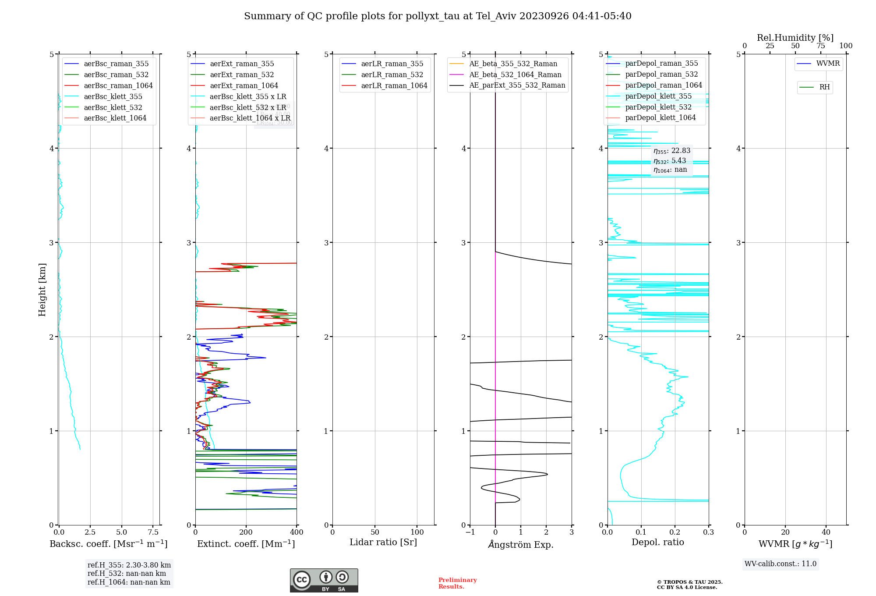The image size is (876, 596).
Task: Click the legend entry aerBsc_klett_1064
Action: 115,118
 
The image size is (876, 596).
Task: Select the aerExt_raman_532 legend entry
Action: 242,75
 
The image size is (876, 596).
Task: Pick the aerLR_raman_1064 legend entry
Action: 394,86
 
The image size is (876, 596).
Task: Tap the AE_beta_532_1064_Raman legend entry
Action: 515,75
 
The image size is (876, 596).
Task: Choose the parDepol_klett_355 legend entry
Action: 658,96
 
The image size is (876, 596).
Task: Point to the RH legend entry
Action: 824,87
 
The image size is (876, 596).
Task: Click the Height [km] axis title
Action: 42,290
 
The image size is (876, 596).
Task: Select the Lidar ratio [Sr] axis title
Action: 383,543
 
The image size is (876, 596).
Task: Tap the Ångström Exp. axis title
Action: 521,545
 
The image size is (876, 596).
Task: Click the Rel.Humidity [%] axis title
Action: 795,38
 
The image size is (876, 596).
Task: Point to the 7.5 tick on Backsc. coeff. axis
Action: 153,532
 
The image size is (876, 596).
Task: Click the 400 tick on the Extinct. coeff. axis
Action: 297,532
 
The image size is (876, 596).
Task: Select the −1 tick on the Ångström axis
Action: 470,532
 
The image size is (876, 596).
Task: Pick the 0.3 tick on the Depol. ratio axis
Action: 709,532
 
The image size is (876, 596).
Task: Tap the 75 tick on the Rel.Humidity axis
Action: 820,46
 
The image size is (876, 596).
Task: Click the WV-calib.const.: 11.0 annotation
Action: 781,564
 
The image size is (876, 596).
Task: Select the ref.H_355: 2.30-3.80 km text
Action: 129,565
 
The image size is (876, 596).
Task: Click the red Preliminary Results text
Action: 457,583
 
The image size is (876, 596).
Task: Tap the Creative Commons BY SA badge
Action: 324,581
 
